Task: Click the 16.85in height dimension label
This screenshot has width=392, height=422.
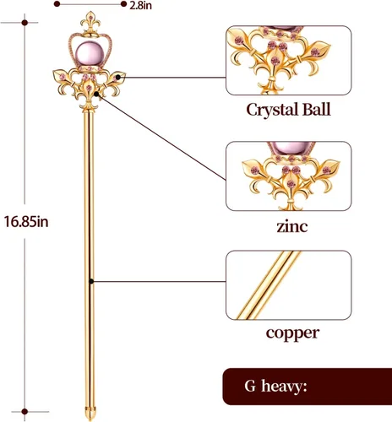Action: (26, 222)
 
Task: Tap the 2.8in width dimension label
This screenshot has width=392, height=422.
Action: (140, 5)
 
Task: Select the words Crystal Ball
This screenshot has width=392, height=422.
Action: (288, 110)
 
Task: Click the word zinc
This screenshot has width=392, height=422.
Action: (291, 227)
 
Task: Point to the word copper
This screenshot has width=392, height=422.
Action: (292, 333)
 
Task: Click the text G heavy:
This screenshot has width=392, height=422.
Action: (275, 386)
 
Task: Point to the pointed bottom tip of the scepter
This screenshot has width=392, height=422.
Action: (90, 419)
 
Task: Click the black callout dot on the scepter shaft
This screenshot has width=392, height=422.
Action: (91, 281)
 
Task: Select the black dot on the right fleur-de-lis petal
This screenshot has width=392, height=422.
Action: (118, 77)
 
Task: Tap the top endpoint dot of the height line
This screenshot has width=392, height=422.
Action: (24, 23)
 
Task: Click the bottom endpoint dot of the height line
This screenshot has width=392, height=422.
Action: (24, 412)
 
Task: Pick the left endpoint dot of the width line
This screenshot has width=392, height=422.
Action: (57, 4)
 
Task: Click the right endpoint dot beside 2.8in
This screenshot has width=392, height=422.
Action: (123, 4)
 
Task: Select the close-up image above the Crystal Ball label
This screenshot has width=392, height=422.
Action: (289, 60)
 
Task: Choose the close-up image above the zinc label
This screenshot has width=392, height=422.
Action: (289, 176)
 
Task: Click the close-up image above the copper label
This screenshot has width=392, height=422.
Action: (289, 285)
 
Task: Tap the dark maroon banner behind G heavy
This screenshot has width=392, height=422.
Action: (308, 387)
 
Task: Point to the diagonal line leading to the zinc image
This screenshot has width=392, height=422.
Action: (161, 137)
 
